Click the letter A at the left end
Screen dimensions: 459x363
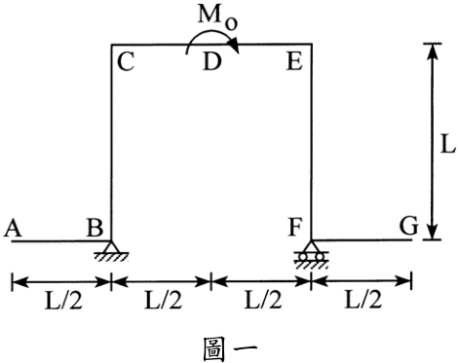13,228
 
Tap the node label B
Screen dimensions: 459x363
96,227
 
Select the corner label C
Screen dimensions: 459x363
126,62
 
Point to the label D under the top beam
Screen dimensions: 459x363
212,61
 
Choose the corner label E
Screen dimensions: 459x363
294,61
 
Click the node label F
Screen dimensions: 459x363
295,227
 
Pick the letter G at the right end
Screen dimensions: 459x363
408,226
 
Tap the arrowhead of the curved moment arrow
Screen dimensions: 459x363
235,46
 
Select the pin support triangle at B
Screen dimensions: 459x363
111,246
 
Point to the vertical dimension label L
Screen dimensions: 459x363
447,144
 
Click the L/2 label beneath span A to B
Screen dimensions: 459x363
63,301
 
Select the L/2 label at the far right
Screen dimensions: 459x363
363,300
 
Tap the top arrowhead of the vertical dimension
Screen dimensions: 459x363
433,52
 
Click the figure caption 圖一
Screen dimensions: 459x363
230,348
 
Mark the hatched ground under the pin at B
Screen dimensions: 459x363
111,257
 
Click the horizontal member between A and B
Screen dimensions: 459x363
61,241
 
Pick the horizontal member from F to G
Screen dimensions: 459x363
362,240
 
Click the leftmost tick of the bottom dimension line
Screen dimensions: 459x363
12,281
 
